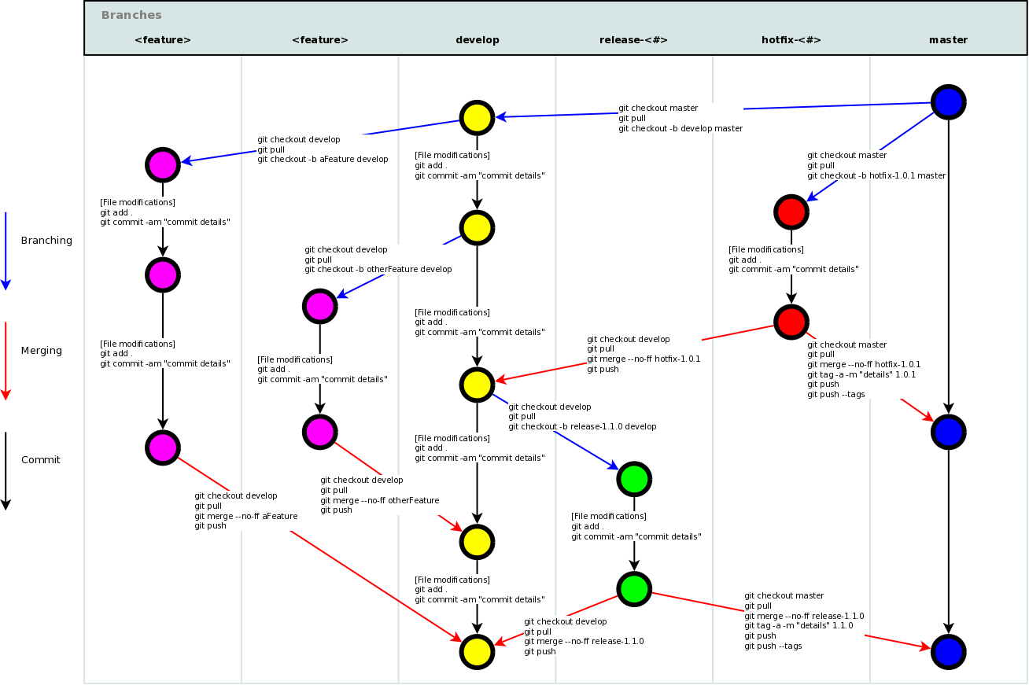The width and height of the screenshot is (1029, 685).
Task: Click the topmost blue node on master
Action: click(x=948, y=101)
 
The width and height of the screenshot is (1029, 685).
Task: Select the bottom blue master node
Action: click(x=948, y=651)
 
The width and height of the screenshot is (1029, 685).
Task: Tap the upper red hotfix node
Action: click(x=791, y=212)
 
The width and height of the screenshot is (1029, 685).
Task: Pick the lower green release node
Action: click(x=633, y=588)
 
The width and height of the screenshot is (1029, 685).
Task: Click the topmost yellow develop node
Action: click(x=476, y=117)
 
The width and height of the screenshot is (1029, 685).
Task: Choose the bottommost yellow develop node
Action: click(x=476, y=651)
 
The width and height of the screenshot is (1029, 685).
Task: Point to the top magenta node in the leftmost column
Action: click(x=162, y=164)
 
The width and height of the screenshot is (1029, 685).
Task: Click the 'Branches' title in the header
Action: click(x=131, y=15)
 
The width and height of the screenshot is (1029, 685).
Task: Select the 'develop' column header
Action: click(x=477, y=39)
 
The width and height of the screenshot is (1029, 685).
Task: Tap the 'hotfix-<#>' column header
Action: click(x=791, y=39)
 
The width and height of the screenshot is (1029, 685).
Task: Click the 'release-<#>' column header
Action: click(x=633, y=39)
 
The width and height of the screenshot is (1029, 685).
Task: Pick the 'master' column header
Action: click(x=948, y=39)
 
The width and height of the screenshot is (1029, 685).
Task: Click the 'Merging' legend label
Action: click(x=41, y=351)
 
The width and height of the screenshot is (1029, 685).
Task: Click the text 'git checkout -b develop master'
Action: click(x=680, y=128)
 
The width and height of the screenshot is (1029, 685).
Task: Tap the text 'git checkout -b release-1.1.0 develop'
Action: click(x=582, y=426)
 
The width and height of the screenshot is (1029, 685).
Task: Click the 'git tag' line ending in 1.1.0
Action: click(x=798, y=626)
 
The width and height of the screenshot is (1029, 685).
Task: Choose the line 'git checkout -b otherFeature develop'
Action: click(x=378, y=269)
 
